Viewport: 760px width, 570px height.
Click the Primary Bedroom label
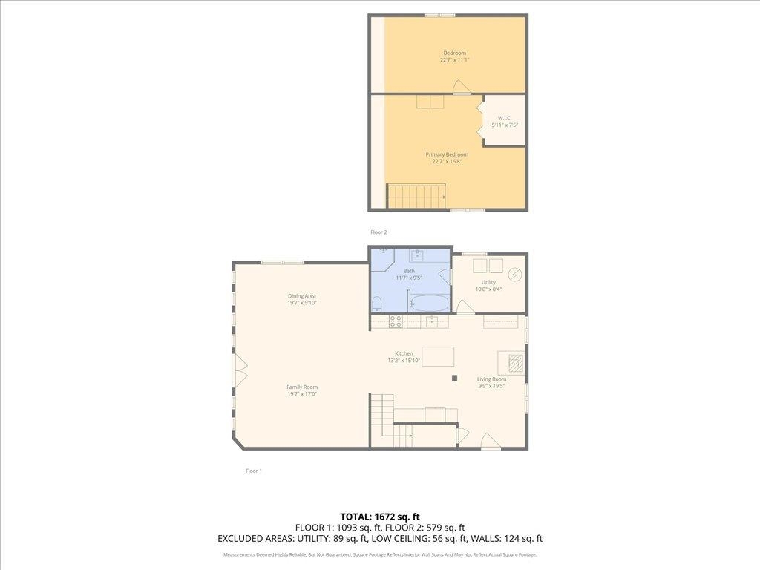point(447,154)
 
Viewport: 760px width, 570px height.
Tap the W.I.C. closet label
point(504,118)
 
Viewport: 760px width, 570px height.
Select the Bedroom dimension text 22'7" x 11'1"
point(454,60)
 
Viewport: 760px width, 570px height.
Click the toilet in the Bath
point(377,303)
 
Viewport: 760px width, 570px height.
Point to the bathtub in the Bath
point(429,304)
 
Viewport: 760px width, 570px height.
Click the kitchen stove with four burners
point(396,321)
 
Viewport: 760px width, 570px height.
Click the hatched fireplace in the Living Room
point(516,362)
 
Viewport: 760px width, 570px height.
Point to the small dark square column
point(454,378)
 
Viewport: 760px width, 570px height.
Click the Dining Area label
point(302,295)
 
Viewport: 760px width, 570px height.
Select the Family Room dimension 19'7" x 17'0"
point(302,394)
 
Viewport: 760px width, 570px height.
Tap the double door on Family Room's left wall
point(240,370)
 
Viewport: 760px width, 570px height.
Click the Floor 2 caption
point(379,232)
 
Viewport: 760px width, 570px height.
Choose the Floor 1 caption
point(254,471)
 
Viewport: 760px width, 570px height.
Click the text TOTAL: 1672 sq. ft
point(380,516)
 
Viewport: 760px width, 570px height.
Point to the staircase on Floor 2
point(416,197)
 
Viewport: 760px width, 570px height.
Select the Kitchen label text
point(404,353)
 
